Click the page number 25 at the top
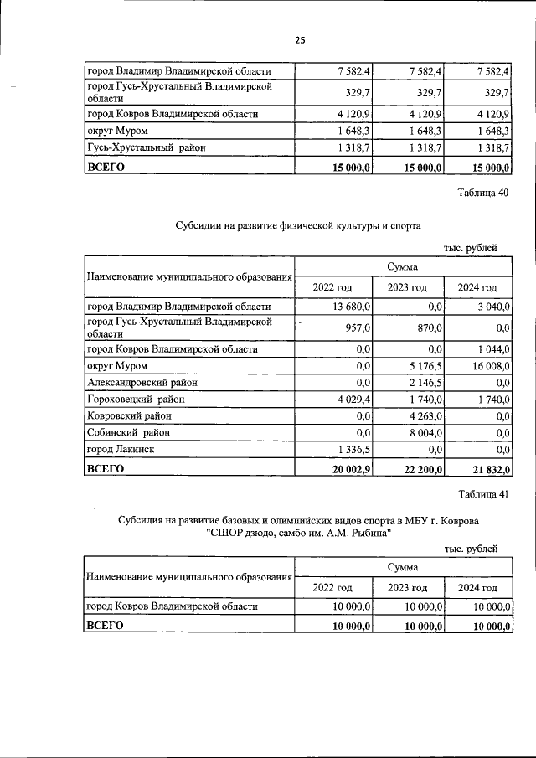point(300,41)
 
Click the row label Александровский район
point(142,383)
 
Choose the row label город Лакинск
point(121,449)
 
